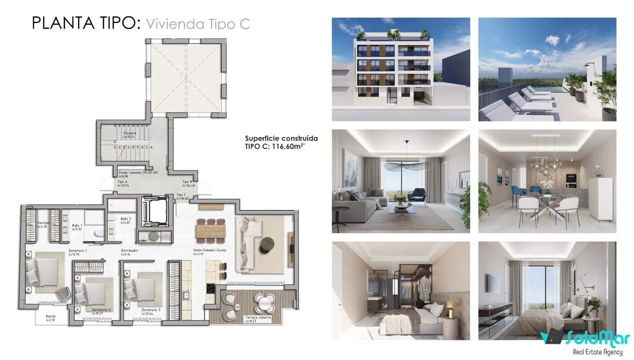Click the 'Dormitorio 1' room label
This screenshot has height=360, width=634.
click(x=78, y=251)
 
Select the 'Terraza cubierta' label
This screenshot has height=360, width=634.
click(x=258, y=317)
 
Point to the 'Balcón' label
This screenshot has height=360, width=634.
click(x=51, y=316)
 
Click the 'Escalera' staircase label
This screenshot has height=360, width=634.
click(x=130, y=133)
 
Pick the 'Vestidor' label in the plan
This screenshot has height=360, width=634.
click(x=44, y=223)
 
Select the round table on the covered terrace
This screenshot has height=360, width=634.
click(x=265, y=302)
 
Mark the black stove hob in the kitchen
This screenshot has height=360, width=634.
click(x=211, y=289)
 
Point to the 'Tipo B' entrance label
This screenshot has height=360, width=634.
click(x=187, y=181)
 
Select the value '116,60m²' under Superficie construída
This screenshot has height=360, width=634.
click(x=291, y=146)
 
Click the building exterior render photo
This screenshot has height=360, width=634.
click(x=401, y=69)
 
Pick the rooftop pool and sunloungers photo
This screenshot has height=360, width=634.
click(x=547, y=69)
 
